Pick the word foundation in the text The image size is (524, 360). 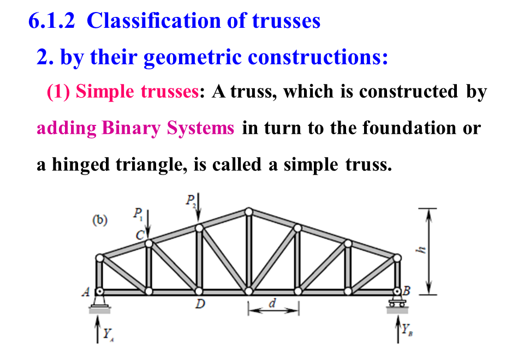pos(409,128)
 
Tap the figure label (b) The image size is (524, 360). pos(100,221)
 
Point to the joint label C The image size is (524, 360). pos(140,235)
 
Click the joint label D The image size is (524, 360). pos(200,303)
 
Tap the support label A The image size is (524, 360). pos(86,292)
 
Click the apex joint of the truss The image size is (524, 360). pos(249,211)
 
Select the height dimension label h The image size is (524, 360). pos(419,250)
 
